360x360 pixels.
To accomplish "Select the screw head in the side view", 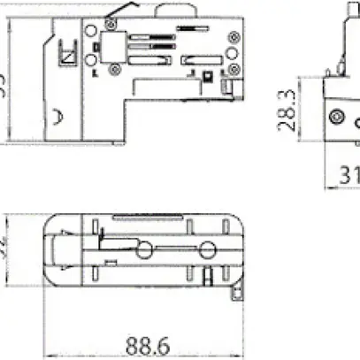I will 334,117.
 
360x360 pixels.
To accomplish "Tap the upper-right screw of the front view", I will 234,37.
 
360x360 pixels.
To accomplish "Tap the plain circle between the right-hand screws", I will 232,53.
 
